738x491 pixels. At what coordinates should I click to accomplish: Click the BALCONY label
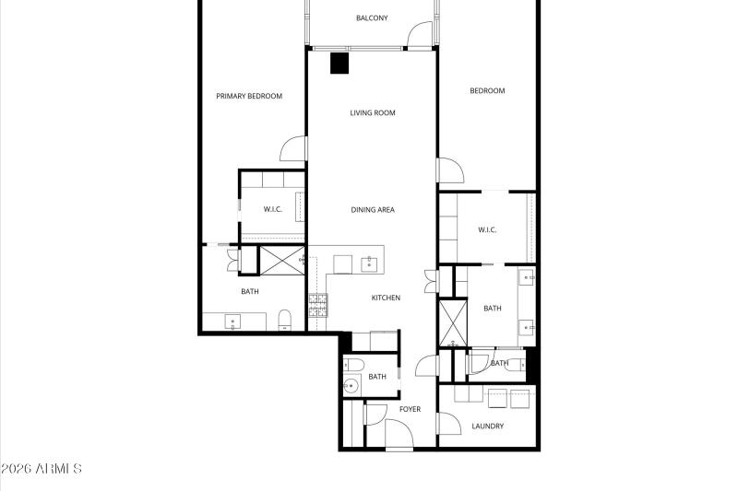(x=372, y=18)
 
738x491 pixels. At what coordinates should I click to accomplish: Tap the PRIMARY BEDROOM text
(x=249, y=96)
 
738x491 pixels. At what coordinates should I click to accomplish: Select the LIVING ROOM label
(x=373, y=113)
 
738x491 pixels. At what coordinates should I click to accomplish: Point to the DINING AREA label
(x=373, y=210)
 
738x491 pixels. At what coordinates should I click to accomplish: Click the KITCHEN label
(x=386, y=298)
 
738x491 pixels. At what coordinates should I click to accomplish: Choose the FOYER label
(x=410, y=409)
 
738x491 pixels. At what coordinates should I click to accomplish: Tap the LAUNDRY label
(x=488, y=427)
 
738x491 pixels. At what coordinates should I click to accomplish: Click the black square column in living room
(x=340, y=63)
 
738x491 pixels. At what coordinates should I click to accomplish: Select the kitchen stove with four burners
(x=318, y=305)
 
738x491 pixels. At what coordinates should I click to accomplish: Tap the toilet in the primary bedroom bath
(x=285, y=321)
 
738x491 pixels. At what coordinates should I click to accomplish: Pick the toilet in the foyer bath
(x=351, y=366)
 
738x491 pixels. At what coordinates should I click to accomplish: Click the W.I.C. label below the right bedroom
(x=487, y=230)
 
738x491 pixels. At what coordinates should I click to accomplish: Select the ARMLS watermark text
(x=42, y=470)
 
